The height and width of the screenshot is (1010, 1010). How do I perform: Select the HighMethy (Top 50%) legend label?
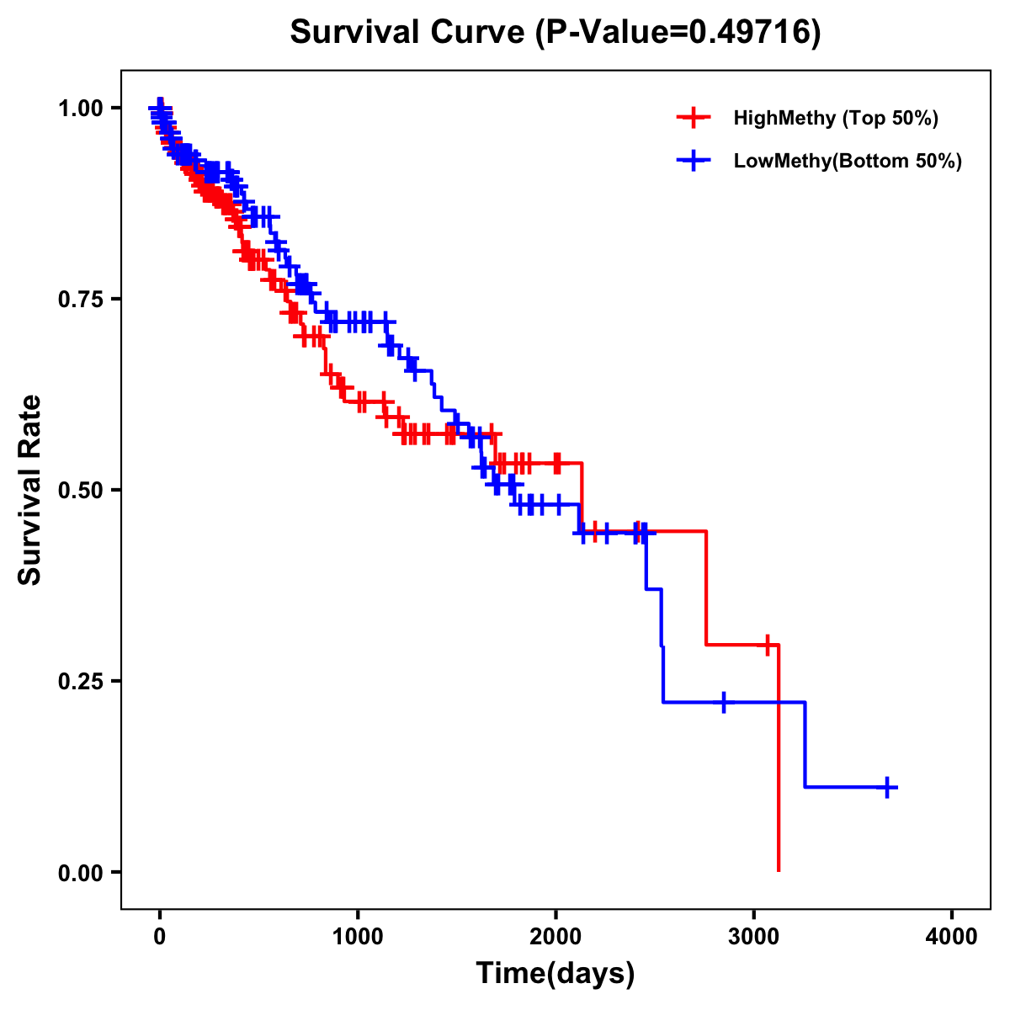[835, 118]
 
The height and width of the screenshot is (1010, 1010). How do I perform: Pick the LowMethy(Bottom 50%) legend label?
[848, 161]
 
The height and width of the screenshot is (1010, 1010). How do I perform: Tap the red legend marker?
[694, 118]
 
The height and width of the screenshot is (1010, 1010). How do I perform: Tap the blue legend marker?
[694, 161]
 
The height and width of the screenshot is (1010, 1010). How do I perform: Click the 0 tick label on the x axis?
[160, 937]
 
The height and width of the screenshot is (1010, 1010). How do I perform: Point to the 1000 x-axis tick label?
[358, 937]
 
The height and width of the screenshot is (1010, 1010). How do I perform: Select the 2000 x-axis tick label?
[555, 937]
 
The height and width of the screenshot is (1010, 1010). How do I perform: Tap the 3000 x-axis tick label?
[754, 937]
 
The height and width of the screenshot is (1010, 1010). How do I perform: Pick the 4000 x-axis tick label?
[952, 937]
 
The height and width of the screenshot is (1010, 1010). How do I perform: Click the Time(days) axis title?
[555, 974]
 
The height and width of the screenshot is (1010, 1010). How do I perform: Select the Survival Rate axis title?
[30, 490]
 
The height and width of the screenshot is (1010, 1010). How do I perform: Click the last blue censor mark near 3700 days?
[887, 787]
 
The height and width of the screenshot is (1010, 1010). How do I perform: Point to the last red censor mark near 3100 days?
[767, 645]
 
